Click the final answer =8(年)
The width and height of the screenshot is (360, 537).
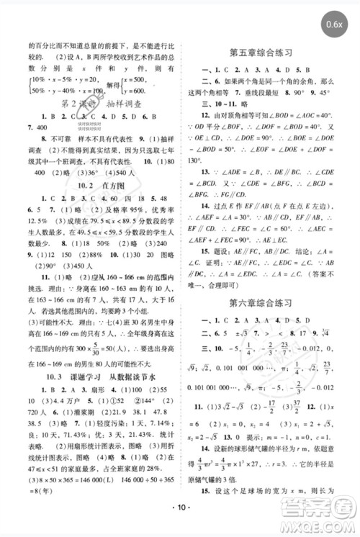[x=30, y=492]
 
